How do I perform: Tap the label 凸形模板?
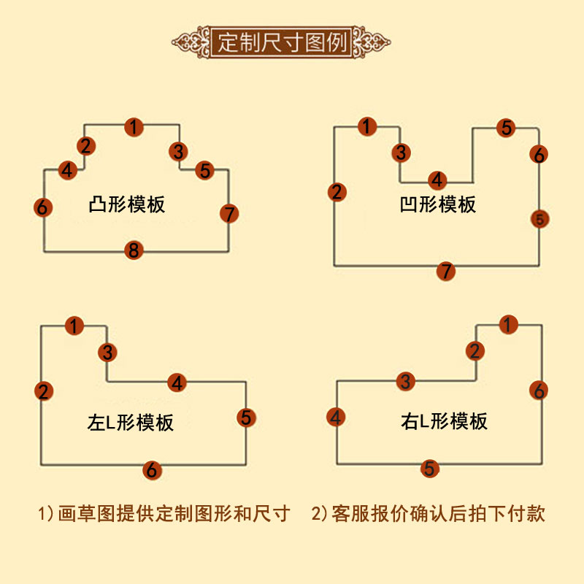126,204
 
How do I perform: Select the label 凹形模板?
438,204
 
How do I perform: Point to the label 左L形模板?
131,422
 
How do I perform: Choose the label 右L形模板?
444,420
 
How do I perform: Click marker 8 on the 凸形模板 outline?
133,251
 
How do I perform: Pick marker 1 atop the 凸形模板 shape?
133,127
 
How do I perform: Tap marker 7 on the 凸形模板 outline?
228,214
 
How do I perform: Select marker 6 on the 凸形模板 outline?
43,207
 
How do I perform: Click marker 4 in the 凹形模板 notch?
437,180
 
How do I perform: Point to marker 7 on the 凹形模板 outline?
445,272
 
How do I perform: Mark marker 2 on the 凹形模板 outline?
336,193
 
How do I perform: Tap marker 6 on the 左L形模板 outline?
151,470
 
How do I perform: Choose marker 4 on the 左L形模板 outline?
177,382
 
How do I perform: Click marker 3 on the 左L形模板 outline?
107,353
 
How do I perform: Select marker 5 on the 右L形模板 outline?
430,469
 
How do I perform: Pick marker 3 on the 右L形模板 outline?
407,380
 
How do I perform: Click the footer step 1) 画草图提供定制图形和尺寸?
164,513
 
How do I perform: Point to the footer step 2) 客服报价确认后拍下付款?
429,513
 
